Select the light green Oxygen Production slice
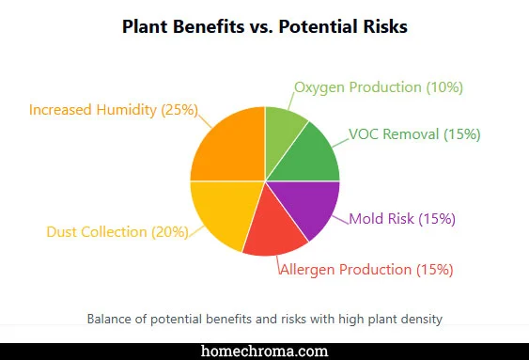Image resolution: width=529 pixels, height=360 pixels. click(284, 128)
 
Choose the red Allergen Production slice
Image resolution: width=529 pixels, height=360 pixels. click(277, 230)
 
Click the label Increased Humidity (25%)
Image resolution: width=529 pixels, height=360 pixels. click(113, 110)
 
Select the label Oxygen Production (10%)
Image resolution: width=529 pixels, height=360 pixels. click(378, 87)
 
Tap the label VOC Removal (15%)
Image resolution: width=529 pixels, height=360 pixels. click(414, 134)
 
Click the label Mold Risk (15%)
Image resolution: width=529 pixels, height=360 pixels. click(402, 219)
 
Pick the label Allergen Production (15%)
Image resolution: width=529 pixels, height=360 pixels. click(366, 270)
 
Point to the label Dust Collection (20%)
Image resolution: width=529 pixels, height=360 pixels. click(117, 232)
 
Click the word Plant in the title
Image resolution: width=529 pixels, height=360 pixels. click(146, 26)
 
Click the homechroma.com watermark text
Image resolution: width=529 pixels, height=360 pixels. click(265, 351)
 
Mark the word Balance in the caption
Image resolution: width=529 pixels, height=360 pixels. click(109, 319)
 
